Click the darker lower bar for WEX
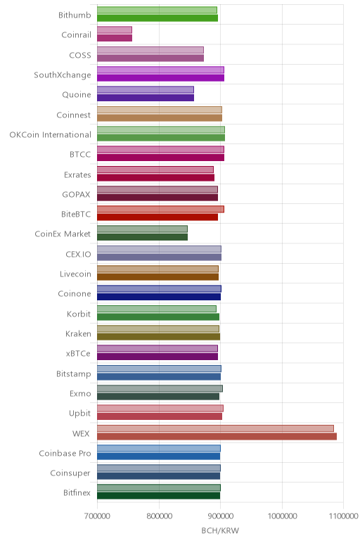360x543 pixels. pos(217,436)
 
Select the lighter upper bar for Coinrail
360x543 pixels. pos(115,30)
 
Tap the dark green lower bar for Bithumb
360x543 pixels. pos(157,18)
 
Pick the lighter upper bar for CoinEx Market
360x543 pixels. pos(142,229)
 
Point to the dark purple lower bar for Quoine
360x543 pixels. pos(146,98)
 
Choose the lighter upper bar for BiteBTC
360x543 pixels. pos(160,209)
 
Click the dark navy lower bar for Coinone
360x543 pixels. pos(159,297)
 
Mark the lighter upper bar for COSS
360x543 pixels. pos(150,50)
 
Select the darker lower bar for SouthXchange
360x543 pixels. pos(160,77)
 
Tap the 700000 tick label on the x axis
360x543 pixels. pos(97,516)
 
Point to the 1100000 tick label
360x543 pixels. pos(343,516)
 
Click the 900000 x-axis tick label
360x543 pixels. pos(220,516)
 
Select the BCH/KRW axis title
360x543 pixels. pos(220,530)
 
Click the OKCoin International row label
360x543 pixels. pos(51,134)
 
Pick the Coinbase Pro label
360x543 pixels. pos(65,453)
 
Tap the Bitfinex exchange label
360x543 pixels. pos(77,492)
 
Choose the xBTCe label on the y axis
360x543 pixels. pos(78,353)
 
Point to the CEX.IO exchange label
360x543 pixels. pos(78,254)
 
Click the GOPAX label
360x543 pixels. pos(76,194)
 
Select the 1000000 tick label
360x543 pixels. pos(282,516)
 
